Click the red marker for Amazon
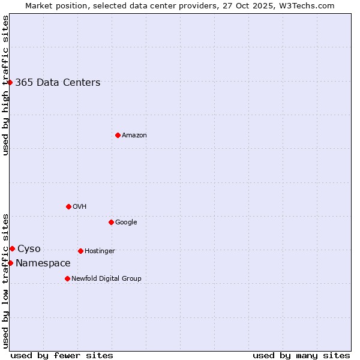(x=118, y=135)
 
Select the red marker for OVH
(x=68, y=206)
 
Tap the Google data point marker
(x=111, y=222)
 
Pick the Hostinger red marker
(x=80, y=251)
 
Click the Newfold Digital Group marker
(x=67, y=278)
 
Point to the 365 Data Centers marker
(x=10, y=82)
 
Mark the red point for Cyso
(x=12, y=248)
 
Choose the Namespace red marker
(x=10, y=263)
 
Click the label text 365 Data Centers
(x=58, y=83)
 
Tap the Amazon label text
(x=134, y=136)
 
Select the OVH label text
(x=80, y=207)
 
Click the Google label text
(x=126, y=223)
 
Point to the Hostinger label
(x=100, y=251)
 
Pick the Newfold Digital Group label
(x=106, y=279)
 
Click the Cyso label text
(x=29, y=249)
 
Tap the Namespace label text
(x=43, y=263)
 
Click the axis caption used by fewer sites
(x=62, y=355)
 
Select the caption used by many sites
(x=301, y=355)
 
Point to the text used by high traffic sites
(x=6, y=85)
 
